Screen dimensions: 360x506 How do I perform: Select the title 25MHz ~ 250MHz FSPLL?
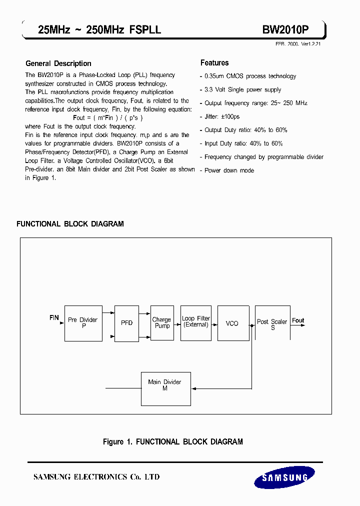click(x=99, y=30)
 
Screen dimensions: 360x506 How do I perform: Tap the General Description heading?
click(x=58, y=63)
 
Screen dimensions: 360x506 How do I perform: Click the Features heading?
click(x=214, y=63)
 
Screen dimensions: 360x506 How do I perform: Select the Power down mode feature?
click(x=229, y=170)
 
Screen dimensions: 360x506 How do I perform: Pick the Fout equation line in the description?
click(x=107, y=118)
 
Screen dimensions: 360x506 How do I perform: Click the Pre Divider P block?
click(x=83, y=323)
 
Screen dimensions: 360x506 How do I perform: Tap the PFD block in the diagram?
click(x=127, y=323)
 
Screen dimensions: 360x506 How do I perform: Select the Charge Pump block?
click(x=162, y=323)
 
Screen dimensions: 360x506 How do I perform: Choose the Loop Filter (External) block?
click(x=196, y=323)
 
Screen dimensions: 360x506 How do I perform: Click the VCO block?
click(x=232, y=323)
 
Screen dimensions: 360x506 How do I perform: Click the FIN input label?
click(x=54, y=318)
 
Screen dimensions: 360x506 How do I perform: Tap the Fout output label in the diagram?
click(x=298, y=320)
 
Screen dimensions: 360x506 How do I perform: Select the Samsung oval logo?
click(x=284, y=477)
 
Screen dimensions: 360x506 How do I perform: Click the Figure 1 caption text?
click(x=173, y=442)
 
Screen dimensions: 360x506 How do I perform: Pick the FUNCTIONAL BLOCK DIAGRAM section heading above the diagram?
click(x=70, y=224)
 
